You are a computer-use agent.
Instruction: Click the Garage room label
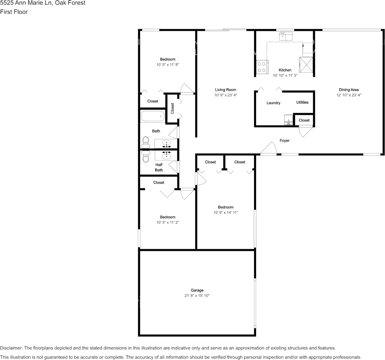click(x=197, y=290)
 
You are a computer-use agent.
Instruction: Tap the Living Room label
click(x=226, y=90)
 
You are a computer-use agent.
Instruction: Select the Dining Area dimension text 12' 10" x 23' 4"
click(x=348, y=95)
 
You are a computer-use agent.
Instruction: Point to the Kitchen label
click(x=285, y=70)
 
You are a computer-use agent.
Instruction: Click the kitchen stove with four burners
click(x=262, y=67)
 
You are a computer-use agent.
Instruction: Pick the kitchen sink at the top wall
click(x=285, y=37)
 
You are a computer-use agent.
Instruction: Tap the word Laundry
click(x=273, y=103)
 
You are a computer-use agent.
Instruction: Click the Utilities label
click(x=302, y=102)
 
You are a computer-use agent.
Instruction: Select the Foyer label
click(x=285, y=140)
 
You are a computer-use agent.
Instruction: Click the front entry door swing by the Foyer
click(x=269, y=149)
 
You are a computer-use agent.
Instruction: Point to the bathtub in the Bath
click(x=152, y=116)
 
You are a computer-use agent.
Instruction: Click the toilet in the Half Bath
click(x=146, y=156)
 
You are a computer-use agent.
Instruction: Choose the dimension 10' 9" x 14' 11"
click(x=226, y=212)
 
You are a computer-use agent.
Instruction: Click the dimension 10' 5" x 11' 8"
click(x=167, y=65)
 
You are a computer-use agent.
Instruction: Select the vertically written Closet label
click(x=172, y=108)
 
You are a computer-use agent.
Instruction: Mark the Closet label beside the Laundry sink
click(x=304, y=120)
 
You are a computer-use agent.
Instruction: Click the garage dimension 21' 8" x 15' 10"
click(x=197, y=296)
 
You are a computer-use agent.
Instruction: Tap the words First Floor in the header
click(x=14, y=12)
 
